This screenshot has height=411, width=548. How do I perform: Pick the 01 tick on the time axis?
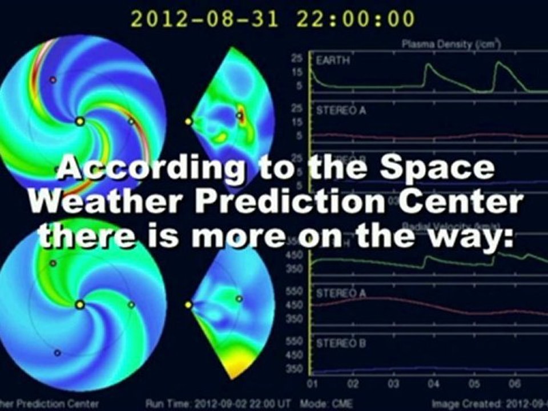click(x=312, y=382)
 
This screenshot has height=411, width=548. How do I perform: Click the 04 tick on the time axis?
click(x=435, y=382)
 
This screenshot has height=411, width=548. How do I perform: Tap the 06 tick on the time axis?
click(x=516, y=382)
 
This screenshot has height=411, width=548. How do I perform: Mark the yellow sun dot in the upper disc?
click(x=80, y=121)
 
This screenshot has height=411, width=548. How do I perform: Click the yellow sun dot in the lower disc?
click(x=80, y=305)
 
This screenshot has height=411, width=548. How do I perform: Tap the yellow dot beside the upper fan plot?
click(x=188, y=121)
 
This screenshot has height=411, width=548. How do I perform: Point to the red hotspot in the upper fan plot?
click(x=241, y=114)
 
